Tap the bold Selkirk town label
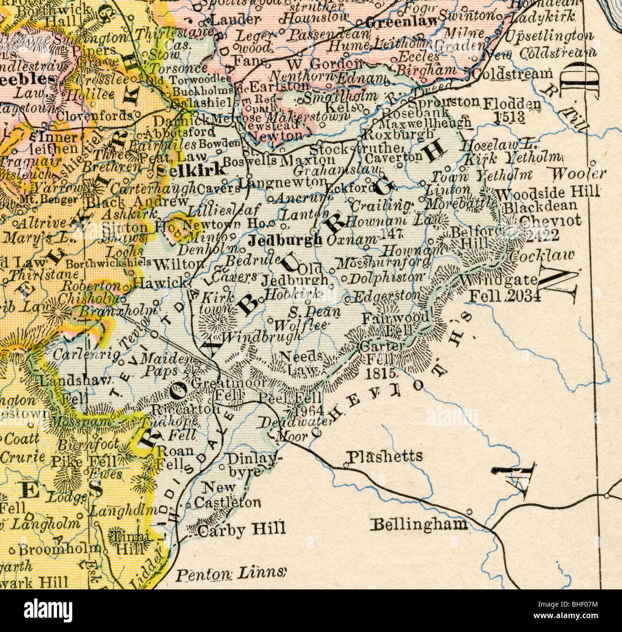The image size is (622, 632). click(x=190, y=169)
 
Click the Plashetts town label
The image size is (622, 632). click(x=386, y=456)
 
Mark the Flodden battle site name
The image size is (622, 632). click(x=512, y=103)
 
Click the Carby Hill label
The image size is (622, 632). click(x=242, y=529)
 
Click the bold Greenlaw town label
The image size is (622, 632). click(x=401, y=21)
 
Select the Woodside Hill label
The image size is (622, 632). click(x=548, y=193)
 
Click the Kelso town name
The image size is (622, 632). click(x=353, y=105)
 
